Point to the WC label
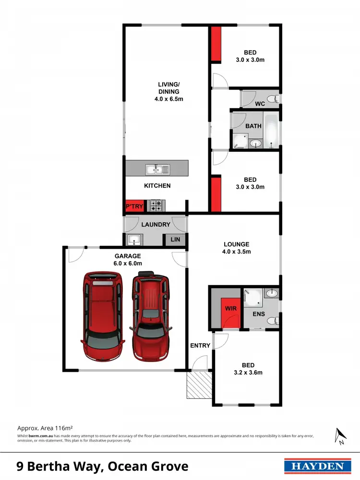[x=260, y=103]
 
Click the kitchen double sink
[x=157, y=168]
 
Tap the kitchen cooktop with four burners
[x=156, y=206]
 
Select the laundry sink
[x=133, y=239]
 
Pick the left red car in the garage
[x=101, y=317]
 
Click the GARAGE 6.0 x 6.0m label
[x=128, y=260]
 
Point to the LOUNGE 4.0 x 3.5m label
[x=236, y=248]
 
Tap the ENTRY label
[x=200, y=346]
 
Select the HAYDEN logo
[x=315, y=466]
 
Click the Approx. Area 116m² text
[x=45, y=427]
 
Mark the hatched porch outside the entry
[x=199, y=384]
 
